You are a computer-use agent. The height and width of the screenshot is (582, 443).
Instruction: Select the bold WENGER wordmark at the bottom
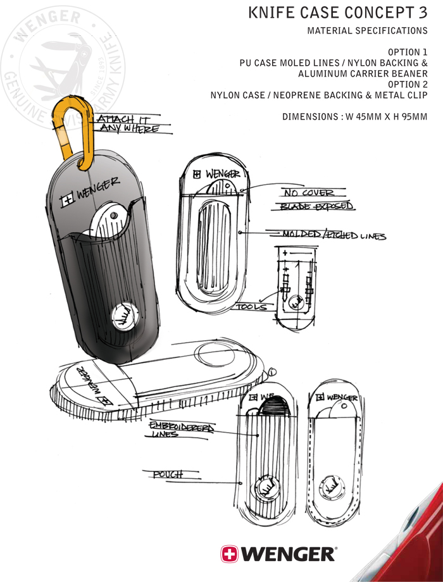(x=289, y=554)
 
